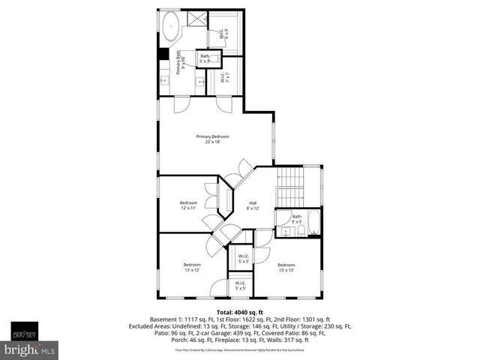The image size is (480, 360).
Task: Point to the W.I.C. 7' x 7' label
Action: click(223, 77)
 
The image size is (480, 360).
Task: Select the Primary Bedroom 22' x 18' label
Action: click(212, 139)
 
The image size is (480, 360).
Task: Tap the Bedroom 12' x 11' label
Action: click(188, 205)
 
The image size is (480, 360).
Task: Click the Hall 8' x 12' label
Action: click(253, 206)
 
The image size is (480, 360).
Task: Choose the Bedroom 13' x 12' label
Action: click(193, 266)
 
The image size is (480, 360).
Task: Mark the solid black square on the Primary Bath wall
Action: click(163, 54)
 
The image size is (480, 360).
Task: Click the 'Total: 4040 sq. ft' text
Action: click(239, 311)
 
